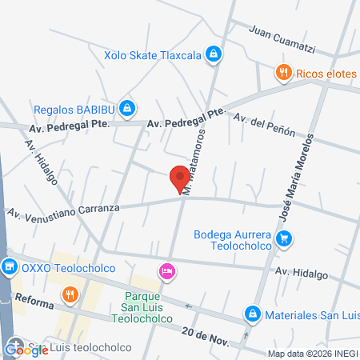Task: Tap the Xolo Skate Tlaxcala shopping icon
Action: [x=213, y=54]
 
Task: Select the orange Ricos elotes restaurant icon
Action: [x=282, y=74]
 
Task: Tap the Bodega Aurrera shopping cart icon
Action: [x=282, y=238]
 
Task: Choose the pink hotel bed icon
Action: [x=166, y=272]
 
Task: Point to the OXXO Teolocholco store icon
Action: [x=10, y=267]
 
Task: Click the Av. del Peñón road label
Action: [x=264, y=125]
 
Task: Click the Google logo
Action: [x=26, y=350]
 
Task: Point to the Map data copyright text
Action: [x=313, y=354]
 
